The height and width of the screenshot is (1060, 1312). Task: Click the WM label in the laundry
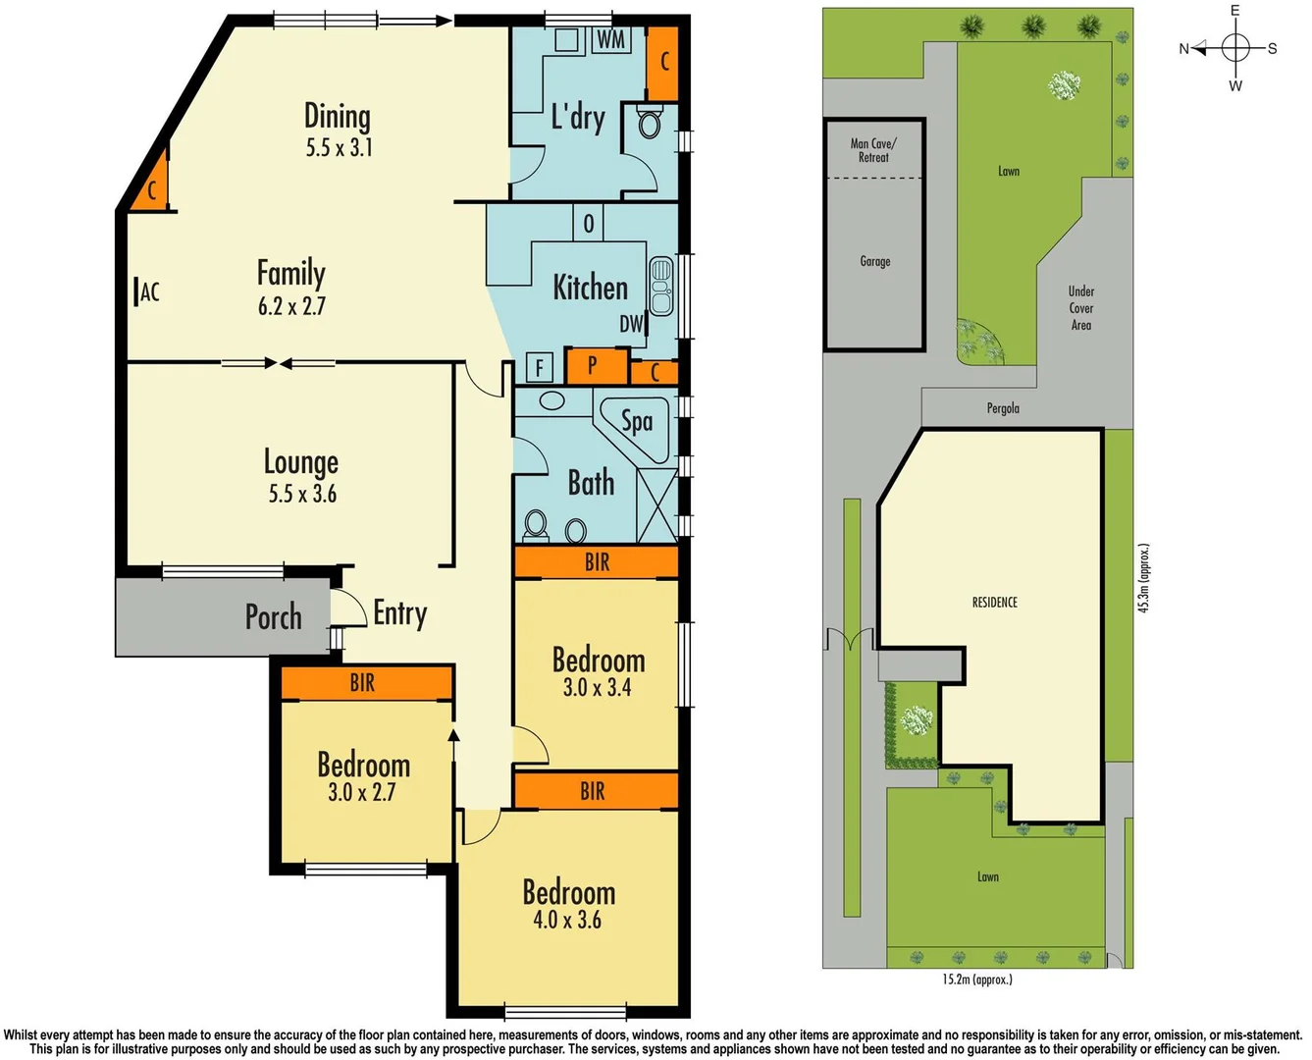coord(610,40)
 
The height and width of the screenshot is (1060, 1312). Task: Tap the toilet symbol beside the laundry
coord(649,123)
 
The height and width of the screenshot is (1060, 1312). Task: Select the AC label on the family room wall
coord(149,291)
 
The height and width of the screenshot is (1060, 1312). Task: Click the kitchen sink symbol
coord(661,286)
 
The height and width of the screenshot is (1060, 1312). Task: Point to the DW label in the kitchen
coord(631,324)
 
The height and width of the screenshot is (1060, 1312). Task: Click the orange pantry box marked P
coord(593,366)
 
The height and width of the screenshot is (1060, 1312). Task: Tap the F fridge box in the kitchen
coord(538,368)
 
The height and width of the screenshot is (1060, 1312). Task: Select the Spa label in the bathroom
coord(637,421)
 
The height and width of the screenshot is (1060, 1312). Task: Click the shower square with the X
coord(656,505)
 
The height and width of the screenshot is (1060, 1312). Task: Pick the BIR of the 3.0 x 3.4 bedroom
coord(597,562)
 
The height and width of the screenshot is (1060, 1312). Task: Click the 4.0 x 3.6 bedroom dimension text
coord(567,920)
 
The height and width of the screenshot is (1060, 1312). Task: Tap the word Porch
coord(273,617)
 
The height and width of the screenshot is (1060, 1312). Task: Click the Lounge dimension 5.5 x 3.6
coord(302,494)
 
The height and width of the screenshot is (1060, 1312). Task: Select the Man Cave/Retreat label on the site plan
coord(873,150)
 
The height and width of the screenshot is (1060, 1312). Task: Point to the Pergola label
coord(1003,408)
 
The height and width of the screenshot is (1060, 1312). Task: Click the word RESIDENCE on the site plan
coord(994,602)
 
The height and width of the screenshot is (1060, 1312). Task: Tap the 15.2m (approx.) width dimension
coord(976,979)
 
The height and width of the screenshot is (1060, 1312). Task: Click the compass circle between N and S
coord(1235,47)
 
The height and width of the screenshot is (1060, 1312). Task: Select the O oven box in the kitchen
coord(588,223)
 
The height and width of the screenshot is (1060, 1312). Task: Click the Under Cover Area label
coord(1080,308)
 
